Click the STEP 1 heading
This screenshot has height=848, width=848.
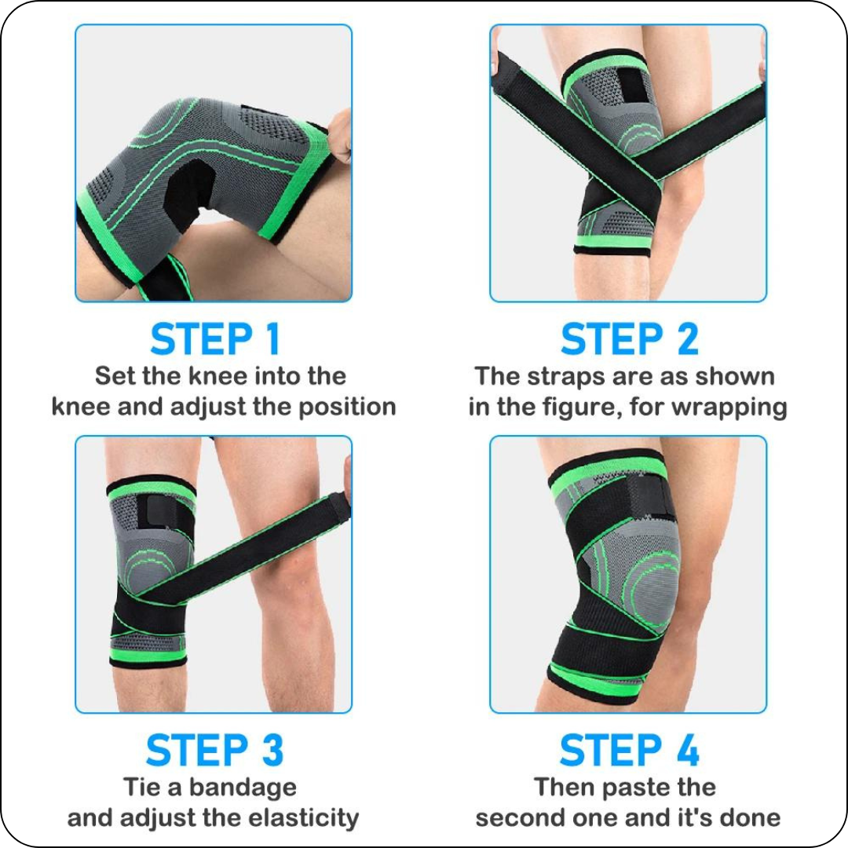[214, 339]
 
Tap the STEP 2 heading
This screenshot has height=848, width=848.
[629, 339]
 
